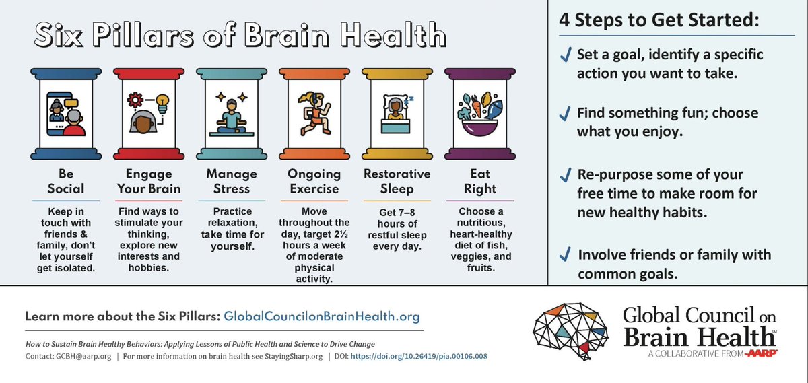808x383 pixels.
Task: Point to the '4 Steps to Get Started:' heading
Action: [659, 20]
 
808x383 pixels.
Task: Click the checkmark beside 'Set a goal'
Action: [565, 55]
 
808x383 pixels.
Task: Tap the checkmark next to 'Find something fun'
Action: [565, 113]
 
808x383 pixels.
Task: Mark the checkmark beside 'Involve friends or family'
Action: [565, 255]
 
